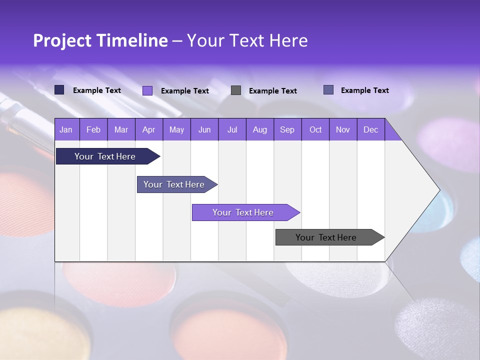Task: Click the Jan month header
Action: coord(66,129)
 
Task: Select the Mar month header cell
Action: coord(121,129)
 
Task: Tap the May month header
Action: coord(176,129)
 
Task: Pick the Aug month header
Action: coord(259,129)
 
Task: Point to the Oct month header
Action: coord(315,129)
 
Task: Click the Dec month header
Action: coord(370,129)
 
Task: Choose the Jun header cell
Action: coord(204,129)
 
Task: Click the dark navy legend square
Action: coord(59,90)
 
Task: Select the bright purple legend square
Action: coord(147,90)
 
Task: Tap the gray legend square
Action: coord(236,90)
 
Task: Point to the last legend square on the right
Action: coord(328,90)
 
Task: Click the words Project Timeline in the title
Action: coord(100,40)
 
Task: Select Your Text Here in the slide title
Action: coord(247,40)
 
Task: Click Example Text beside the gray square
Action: coord(272,91)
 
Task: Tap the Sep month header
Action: coord(287,129)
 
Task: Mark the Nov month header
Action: coord(343,129)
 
